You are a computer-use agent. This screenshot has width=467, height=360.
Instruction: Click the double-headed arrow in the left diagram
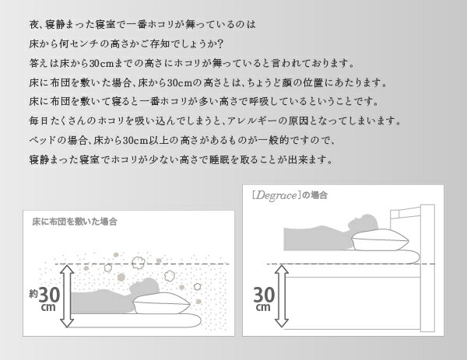(68, 296)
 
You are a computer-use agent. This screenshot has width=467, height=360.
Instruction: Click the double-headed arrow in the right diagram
(284, 295)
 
